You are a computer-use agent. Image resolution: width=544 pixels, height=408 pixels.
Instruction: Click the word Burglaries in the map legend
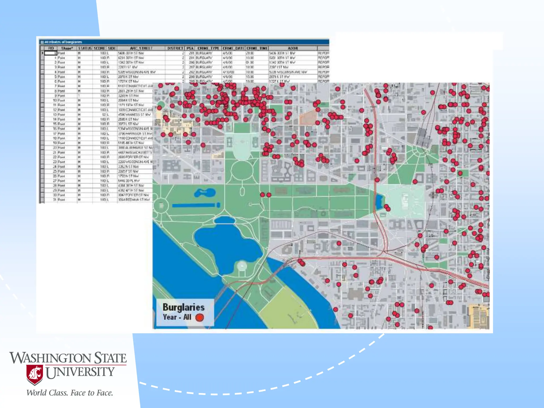point(184,307)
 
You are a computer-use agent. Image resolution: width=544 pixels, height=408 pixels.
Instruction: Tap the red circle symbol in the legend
point(199,317)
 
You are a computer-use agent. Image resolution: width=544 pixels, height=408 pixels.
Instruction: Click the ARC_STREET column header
point(141,48)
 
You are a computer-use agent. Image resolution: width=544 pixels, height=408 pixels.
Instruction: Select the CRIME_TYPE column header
point(208,48)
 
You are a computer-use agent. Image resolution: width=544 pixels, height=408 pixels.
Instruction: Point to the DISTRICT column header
point(175,48)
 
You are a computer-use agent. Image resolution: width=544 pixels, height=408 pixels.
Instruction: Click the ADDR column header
point(293,48)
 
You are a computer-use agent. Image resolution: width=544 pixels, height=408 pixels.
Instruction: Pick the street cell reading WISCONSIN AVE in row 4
point(137,72)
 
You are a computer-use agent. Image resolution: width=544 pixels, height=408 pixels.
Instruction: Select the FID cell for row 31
point(55,199)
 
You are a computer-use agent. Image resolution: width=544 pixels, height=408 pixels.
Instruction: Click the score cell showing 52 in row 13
point(104,114)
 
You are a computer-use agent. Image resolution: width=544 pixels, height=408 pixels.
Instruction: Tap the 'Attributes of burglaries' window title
point(63,42)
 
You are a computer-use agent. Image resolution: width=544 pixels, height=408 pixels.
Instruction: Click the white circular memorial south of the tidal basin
point(242,265)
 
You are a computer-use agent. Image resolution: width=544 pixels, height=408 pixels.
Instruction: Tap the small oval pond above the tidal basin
point(224,220)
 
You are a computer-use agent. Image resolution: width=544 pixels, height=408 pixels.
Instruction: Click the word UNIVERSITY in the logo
point(80,372)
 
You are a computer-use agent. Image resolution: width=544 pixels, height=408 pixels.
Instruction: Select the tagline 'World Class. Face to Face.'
point(70,393)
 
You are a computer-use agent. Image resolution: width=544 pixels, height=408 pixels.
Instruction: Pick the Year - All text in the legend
point(177,317)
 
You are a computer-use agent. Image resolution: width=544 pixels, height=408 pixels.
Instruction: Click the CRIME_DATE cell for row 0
point(228,53)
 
